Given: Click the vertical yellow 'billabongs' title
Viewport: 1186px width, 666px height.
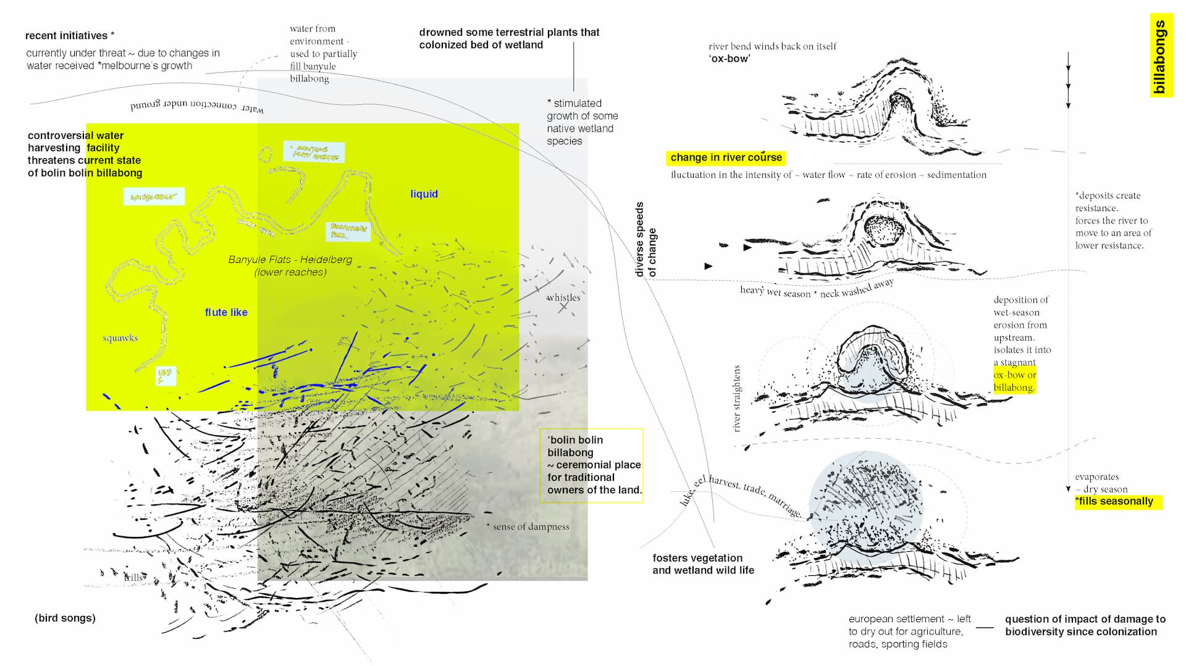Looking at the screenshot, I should click(1161, 56).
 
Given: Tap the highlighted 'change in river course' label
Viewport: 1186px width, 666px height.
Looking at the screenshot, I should click(726, 157).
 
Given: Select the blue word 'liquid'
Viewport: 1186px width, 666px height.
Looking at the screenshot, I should click(424, 194).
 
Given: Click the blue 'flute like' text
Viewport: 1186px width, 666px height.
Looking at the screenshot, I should click(226, 312).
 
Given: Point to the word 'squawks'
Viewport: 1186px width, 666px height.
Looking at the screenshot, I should click(120, 338).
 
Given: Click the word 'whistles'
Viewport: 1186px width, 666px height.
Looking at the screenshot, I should click(563, 298).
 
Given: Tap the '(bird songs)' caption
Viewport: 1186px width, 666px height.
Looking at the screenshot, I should click(65, 618).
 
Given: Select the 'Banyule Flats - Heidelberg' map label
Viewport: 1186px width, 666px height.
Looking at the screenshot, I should click(290, 260).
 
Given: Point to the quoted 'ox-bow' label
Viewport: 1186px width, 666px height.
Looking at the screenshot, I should click(730, 59).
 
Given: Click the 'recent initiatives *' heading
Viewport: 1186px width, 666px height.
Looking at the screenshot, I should click(69, 36).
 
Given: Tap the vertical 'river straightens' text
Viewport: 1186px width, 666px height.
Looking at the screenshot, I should click(736, 399).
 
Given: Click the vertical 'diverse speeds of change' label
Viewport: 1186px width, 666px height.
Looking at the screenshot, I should click(646, 239).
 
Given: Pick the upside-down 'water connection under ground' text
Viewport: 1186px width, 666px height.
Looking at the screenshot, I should click(197, 107).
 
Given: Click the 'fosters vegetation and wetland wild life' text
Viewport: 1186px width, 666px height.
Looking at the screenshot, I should click(703, 564).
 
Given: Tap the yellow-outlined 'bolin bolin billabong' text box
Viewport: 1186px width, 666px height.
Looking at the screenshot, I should click(591, 465).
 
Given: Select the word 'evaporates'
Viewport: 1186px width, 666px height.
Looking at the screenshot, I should click(1096, 477).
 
